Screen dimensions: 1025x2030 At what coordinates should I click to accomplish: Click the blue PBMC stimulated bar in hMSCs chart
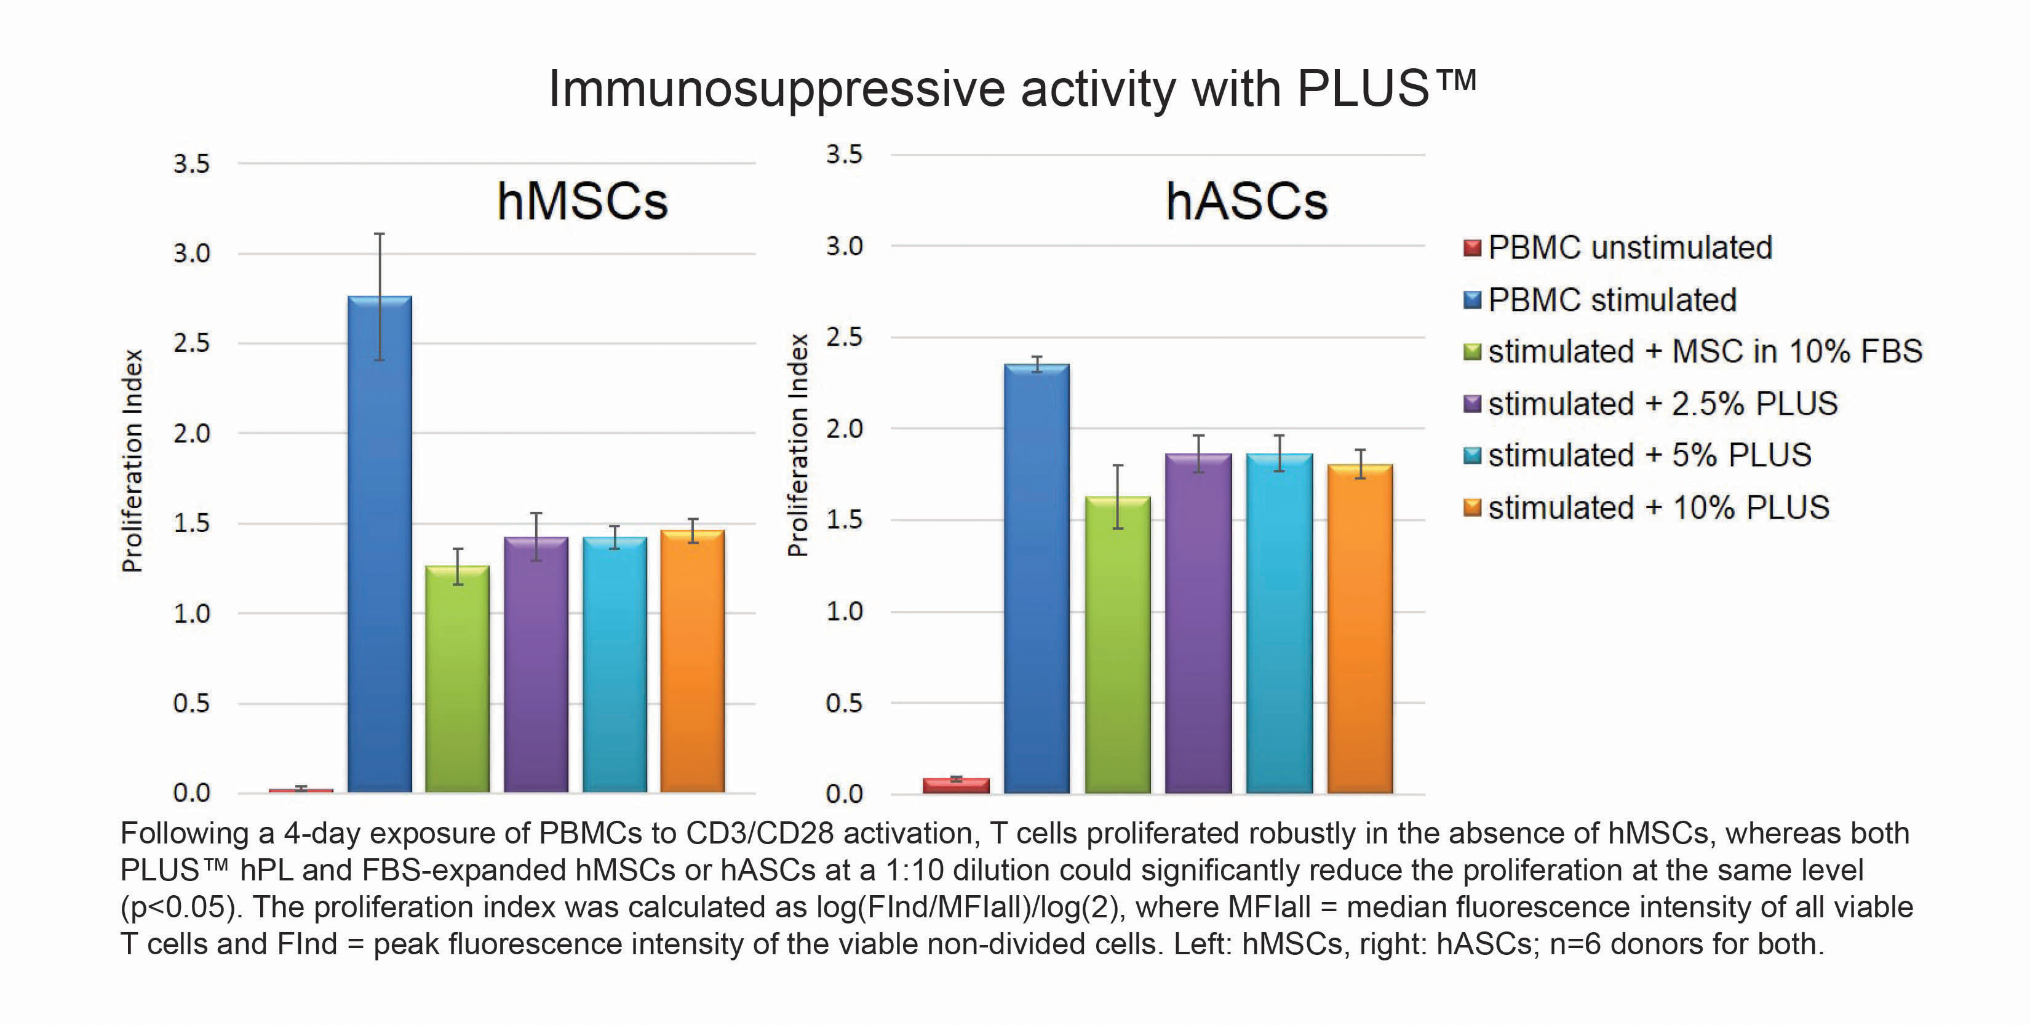(x=379, y=544)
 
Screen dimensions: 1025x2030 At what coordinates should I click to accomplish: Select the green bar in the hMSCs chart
(x=457, y=678)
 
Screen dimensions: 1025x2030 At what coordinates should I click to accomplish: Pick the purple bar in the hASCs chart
(x=1198, y=623)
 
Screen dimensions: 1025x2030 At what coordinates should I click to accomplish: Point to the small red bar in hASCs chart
(x=956, y=784)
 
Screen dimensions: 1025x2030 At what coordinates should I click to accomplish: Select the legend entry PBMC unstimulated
(x=1630, y=247)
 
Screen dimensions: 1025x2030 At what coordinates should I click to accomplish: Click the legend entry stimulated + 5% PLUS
(x=1649, y=455)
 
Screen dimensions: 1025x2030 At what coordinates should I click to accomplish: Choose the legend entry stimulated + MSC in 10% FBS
(x=1705, y=351)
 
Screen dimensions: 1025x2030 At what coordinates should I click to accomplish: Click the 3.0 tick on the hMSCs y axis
(x=191, y=254)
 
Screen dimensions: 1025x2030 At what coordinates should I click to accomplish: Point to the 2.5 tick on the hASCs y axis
(x=844, y=337)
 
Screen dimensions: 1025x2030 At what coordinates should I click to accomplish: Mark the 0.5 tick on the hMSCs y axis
(x=191, y=703)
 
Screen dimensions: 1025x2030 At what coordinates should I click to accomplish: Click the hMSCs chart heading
(x=583, y=201)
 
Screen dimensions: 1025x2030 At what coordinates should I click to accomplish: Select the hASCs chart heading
(x=1247, y=201)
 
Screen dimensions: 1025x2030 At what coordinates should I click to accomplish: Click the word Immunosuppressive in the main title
(x=776, y=89)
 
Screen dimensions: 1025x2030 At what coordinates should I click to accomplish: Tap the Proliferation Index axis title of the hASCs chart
(x=798, y=445)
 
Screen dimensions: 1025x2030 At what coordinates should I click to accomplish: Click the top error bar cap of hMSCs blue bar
(x=379, y=234)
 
